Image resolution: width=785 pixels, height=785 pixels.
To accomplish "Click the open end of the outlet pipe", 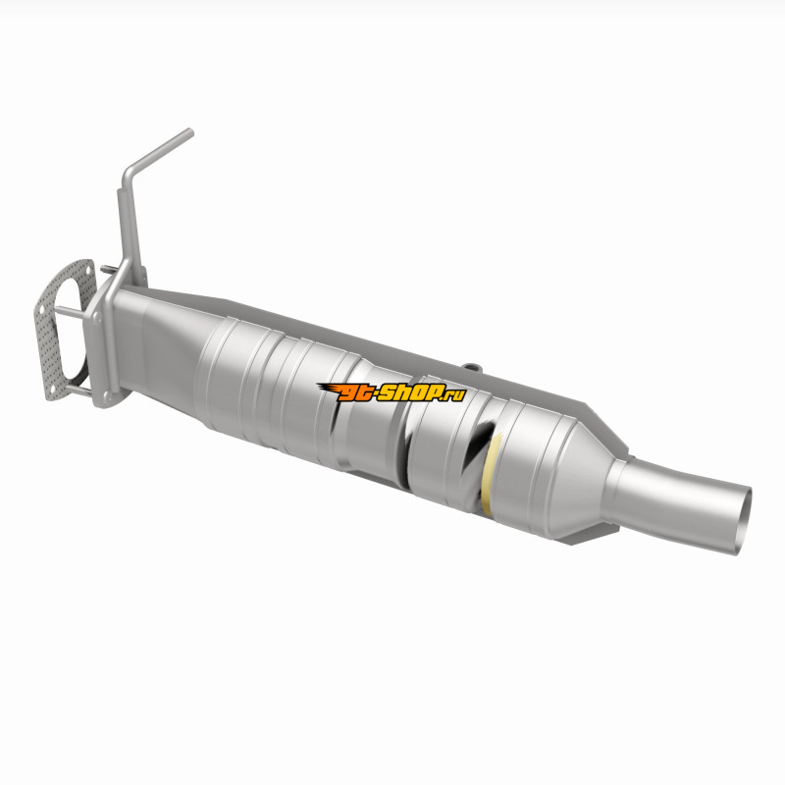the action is point(744,521).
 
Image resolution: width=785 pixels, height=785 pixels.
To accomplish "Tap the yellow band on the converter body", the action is point(488,473).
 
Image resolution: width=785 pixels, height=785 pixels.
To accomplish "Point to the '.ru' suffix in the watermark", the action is point(453,394).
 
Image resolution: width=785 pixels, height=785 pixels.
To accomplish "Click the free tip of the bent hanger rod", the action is point(189,132).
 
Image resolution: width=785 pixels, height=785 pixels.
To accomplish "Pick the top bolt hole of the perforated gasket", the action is point(88,271).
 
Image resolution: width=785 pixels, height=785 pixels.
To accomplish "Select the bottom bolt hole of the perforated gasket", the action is point(52,389).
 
